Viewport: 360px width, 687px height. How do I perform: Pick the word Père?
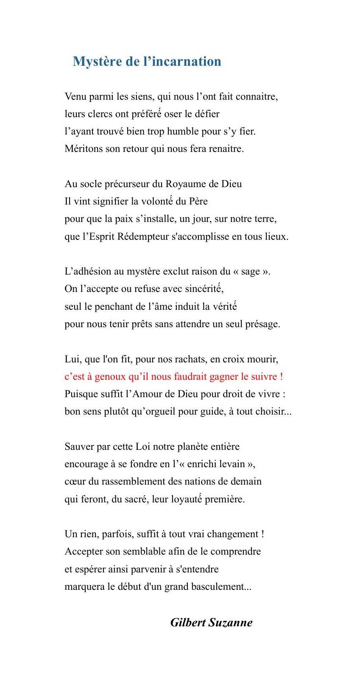[x=198, y=202]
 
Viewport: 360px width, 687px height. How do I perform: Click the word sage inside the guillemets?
[x=250, y=272]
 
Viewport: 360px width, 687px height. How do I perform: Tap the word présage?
[x=262, y=324]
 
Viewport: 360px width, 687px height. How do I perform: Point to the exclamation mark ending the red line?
[x=282, y=376]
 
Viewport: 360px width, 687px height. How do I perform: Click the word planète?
[x=192, y=447]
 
